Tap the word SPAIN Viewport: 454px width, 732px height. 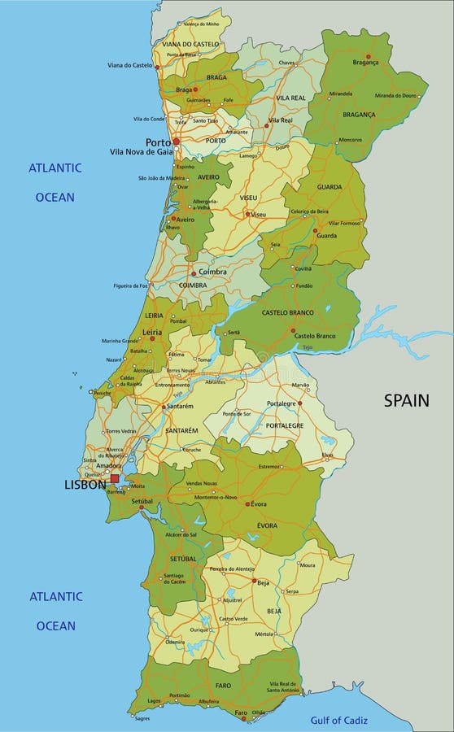[x=406, y=400]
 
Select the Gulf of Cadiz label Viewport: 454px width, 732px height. [x=339, y=720]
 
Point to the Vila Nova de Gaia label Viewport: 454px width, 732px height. [x=141, y=152]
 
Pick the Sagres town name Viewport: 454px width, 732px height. [x=142, y=718]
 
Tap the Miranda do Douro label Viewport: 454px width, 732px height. [x=395, y=95]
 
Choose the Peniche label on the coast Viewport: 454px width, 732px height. [x=102, y=393]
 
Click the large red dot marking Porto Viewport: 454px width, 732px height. [x=176, y=141]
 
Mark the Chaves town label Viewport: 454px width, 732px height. [x=288, y=62]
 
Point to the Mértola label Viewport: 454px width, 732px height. [x=288, y=633]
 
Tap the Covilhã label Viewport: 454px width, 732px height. [x=303, y=268]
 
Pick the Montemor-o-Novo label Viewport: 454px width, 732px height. [x=214, y=497]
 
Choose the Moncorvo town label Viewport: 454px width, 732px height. [x=350, y=139]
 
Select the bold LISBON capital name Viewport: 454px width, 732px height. [x=85, y=485]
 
